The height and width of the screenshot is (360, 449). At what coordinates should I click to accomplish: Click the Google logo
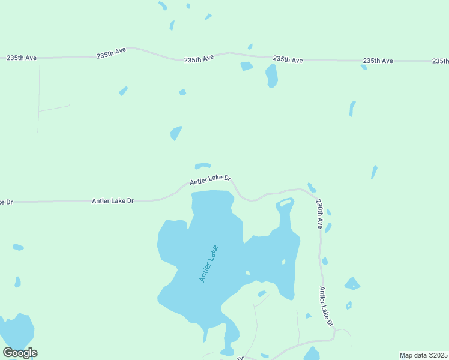[x=20, y=353]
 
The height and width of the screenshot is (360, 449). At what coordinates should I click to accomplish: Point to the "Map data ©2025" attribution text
[x=423, y=355]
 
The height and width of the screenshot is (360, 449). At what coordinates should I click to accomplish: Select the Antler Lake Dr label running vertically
[x=326, y=307]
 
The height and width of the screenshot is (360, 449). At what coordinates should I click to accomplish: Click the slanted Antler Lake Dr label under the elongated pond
[x=210, y=179]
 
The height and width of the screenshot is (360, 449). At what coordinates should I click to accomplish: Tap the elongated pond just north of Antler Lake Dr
[x=203, y=166]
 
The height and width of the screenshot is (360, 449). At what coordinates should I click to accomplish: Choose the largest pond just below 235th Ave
[x=272, y=76]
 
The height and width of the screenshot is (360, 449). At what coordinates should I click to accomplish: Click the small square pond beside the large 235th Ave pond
[x=247, y=66]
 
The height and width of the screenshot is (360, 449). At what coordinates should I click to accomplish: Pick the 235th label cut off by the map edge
[x=440, y=61]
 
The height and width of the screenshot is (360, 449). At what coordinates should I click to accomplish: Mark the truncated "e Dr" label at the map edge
[x=6, y=202]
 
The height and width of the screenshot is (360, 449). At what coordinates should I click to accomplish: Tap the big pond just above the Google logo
[x=17, y=329]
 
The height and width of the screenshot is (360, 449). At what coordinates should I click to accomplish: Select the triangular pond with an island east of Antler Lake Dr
[x=352, y=284]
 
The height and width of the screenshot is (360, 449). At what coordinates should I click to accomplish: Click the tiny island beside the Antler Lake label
[x=247, y=273]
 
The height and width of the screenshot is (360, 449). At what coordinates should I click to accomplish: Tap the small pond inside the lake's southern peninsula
[x=262, y=293]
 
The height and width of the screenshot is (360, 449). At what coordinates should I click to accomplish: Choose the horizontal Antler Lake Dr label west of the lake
[x=113, y=201]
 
